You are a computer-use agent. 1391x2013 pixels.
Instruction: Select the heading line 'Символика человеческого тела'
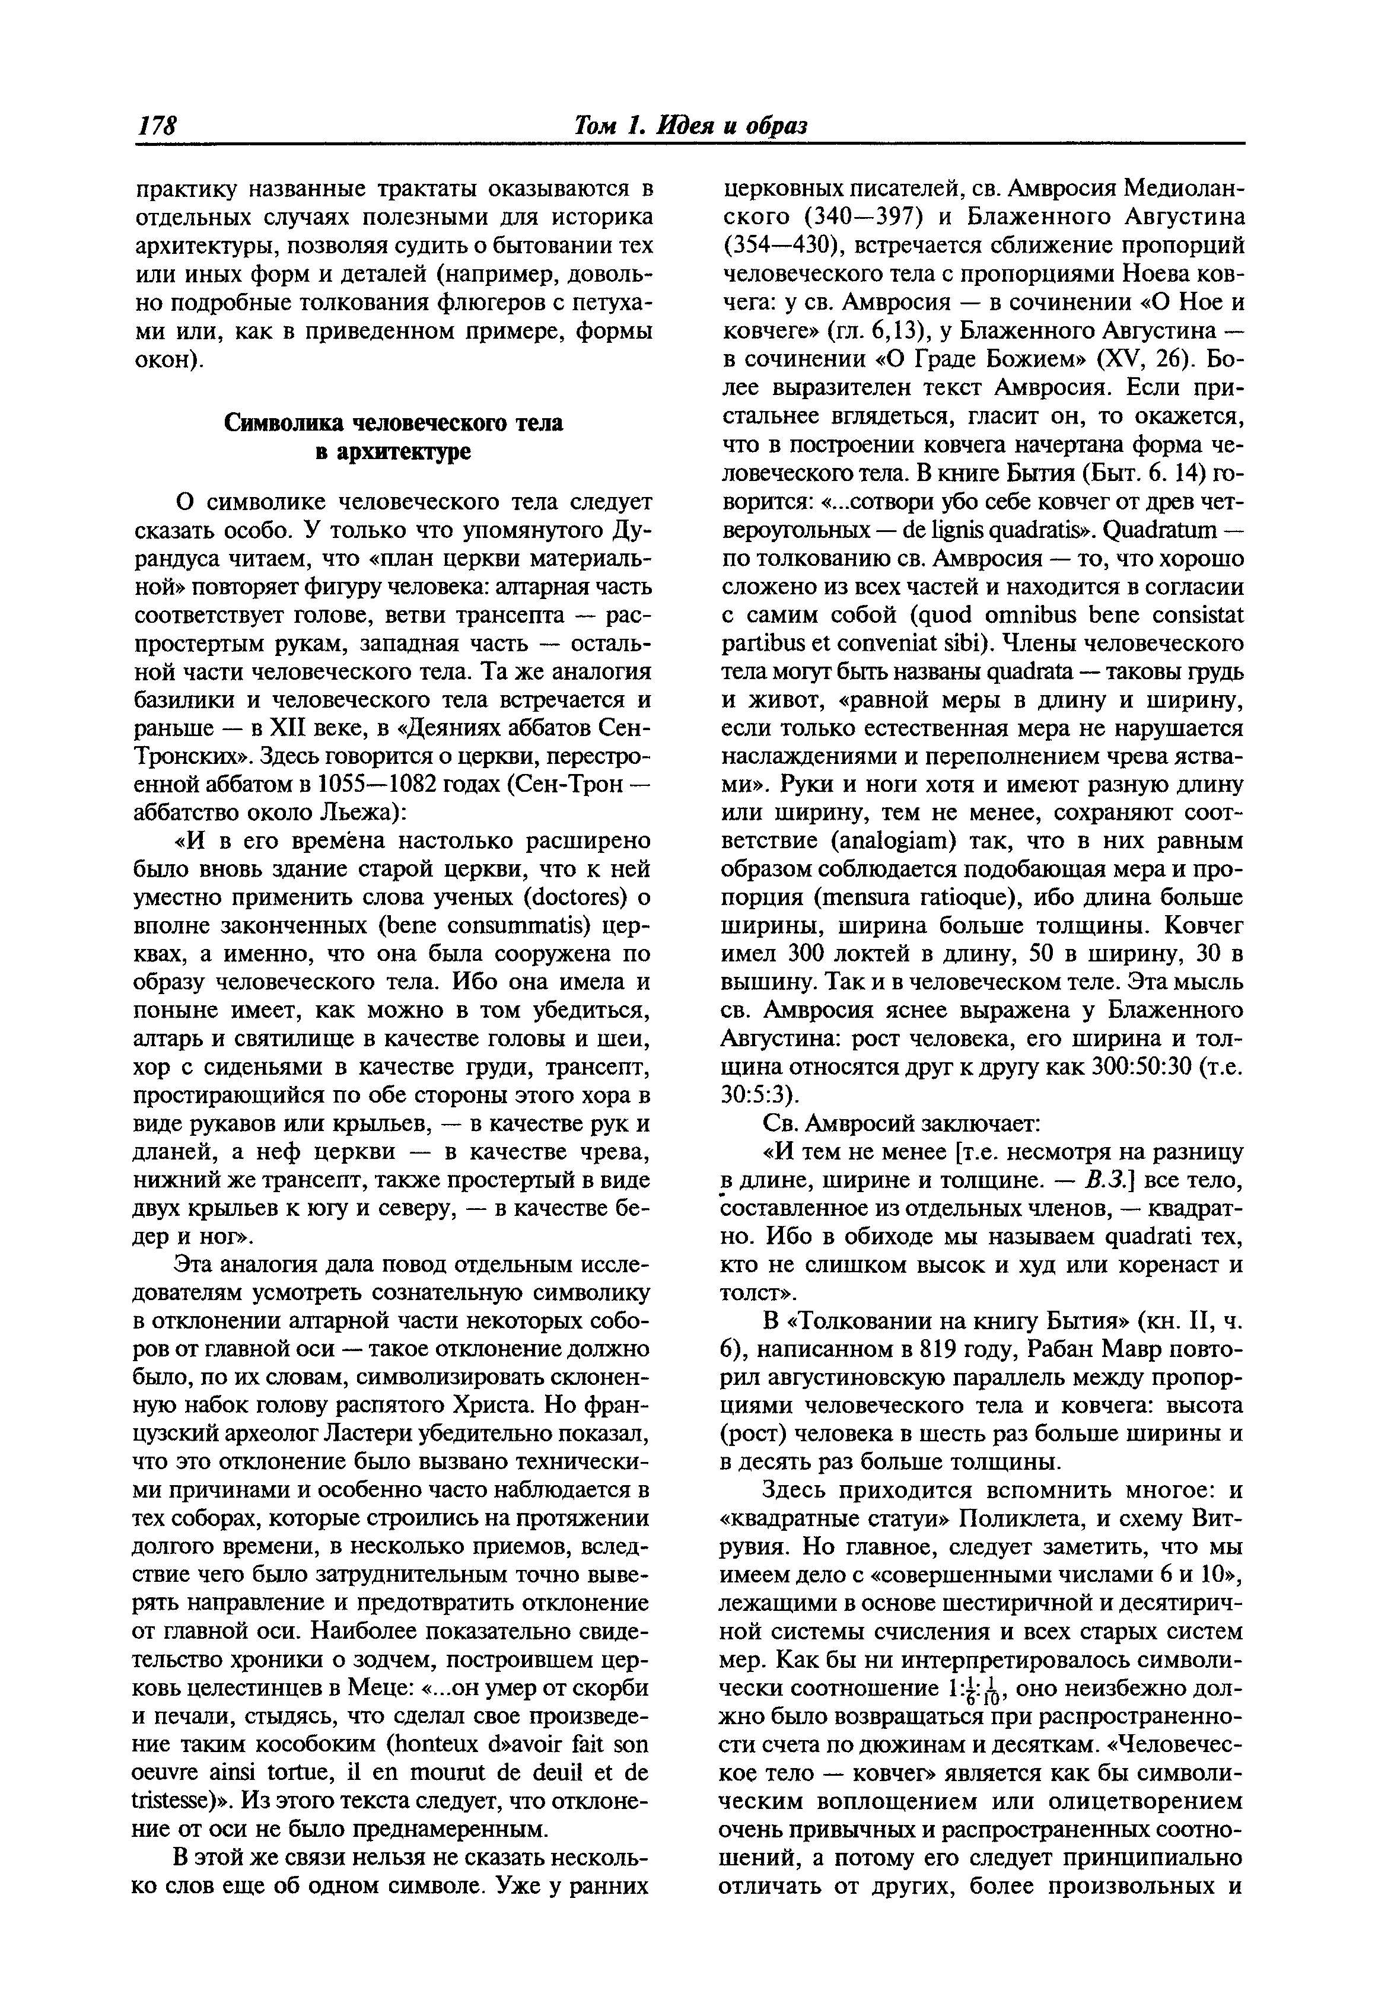394,423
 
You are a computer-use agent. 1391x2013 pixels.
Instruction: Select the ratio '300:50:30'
1145,1066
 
